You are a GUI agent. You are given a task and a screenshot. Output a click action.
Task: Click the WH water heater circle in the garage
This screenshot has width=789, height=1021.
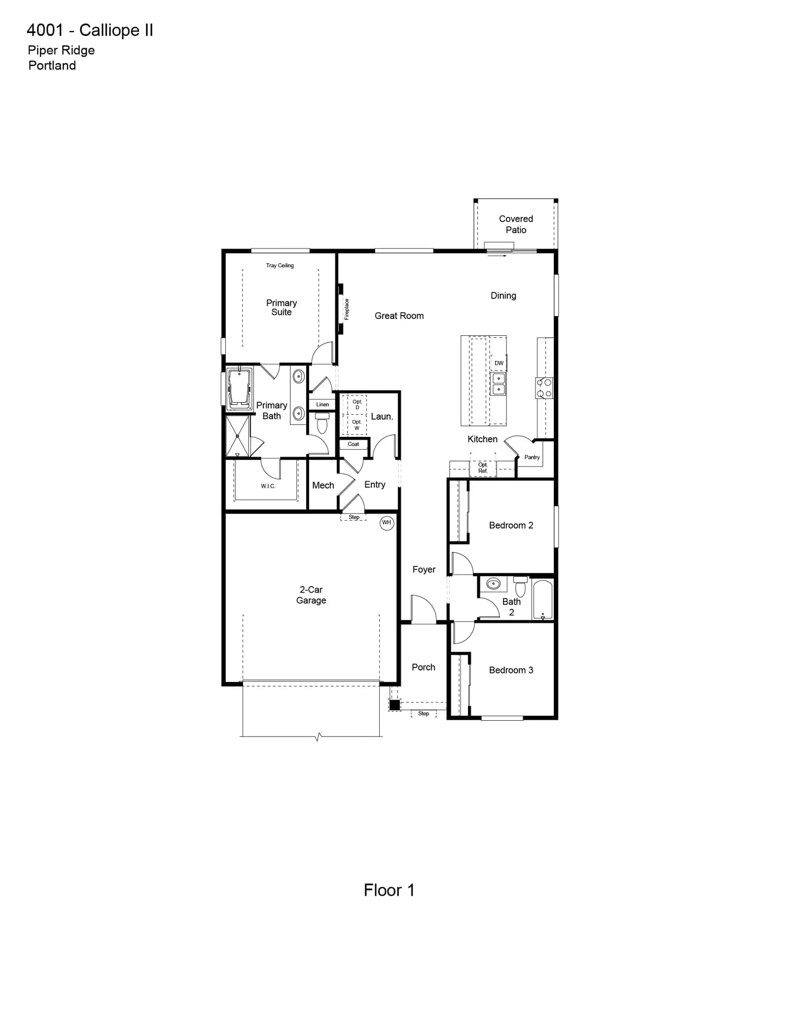click(387, 523)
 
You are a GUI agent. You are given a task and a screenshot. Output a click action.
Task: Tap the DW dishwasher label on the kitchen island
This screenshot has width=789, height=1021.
click(499, 363)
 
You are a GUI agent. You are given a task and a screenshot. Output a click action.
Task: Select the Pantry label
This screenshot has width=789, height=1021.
click(532, 457)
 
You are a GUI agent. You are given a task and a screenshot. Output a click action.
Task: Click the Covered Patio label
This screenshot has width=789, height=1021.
click(516, 224)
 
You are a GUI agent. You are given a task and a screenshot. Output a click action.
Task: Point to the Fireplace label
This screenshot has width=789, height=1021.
click(347, 309)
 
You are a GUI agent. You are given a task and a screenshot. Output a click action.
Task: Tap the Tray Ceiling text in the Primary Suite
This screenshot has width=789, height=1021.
click(280, 265)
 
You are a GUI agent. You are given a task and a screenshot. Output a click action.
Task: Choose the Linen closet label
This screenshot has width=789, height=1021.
click(323, 404)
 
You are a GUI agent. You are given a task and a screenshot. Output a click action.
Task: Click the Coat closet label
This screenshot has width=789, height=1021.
click(353, 444)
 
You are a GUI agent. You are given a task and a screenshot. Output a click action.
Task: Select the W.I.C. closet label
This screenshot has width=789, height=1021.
click(268, 486)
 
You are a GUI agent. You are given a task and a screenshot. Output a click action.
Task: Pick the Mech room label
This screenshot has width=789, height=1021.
click(323, 485)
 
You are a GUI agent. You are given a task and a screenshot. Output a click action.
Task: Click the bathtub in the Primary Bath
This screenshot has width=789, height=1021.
click(240, 388)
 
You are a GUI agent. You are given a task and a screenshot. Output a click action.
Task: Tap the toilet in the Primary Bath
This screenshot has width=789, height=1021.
click(322, 423)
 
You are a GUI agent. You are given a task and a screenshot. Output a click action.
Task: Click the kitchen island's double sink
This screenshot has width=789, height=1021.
click(499, 384)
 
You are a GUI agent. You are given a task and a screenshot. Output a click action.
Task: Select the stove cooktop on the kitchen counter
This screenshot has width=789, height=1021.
click(544, 388)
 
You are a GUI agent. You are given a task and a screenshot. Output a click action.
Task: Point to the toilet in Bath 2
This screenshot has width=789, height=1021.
click(520, 586)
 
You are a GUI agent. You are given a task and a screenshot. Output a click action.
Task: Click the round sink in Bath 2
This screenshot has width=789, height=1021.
click(494, 584)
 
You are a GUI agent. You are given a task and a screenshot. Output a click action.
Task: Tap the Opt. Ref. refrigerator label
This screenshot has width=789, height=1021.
click(483, 468)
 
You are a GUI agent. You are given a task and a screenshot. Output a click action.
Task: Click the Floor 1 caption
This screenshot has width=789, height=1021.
click(389, 890)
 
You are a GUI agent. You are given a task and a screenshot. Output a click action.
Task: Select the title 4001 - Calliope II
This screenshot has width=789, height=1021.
click(90, 30)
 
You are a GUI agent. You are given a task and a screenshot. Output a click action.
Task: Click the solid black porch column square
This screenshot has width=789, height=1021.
click(394, 705)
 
